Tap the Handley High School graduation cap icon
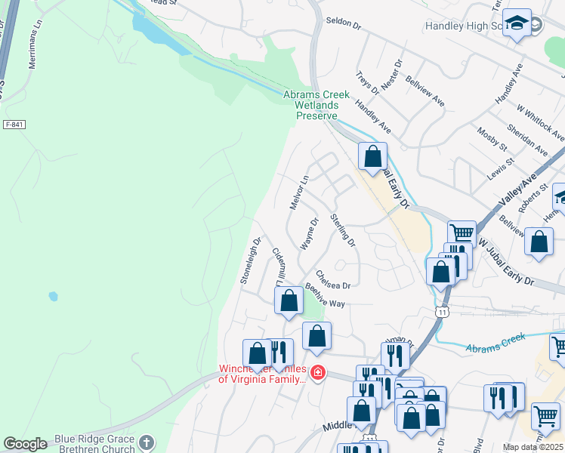click(x=517, y=24)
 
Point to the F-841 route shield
click(x=14, y=124)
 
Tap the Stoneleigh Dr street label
click(x=250, y=262)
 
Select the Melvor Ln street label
click(x=300, y=193)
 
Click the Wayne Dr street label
click(x=309, y=235)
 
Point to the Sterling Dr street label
click(x=343, y=230)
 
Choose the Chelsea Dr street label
click(x=333, y=280)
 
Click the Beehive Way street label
click(x=325, y=296)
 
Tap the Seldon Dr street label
click(x=344, y=22)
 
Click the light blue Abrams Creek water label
click(x=495, y=343)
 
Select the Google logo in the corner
click(x=25, y=444)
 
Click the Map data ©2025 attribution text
click(x=533, y=447)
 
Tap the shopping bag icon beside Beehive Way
click(x=289, y=300)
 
